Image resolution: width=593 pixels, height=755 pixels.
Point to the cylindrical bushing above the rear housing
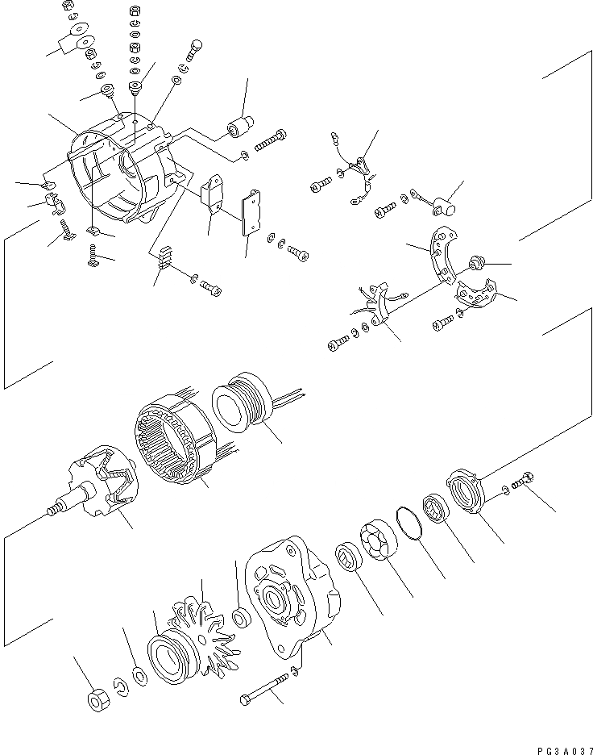point(239,127)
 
